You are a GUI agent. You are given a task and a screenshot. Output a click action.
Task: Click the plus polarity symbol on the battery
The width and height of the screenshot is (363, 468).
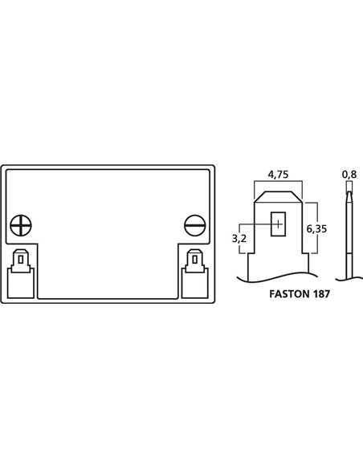click(21, 225)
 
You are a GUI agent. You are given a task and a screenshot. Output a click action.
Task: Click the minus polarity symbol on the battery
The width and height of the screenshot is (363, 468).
click(195, 225)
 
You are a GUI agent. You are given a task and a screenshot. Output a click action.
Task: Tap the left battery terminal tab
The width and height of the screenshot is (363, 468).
click(21, 261)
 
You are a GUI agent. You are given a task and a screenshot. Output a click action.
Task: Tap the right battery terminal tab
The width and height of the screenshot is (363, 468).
click(195, 261)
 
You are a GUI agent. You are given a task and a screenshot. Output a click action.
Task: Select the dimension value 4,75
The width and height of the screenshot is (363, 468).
click(278, 175)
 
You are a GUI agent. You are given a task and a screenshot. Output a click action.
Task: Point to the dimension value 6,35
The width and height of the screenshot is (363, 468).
click(316, 229)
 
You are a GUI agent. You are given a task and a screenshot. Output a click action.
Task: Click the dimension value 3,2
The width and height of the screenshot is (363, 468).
click(239, 239)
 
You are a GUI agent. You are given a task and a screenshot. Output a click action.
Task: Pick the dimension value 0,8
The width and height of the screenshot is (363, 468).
click(349, 175)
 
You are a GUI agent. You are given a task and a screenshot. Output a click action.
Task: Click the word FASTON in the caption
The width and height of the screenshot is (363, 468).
click(289, 294)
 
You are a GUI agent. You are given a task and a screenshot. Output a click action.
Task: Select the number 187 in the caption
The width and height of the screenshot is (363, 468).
click(321, 294)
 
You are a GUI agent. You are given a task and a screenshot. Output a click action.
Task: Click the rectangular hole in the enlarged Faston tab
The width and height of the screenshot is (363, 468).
click(278, 224)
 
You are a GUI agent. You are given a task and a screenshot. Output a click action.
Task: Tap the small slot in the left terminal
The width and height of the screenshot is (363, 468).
click(21, 260)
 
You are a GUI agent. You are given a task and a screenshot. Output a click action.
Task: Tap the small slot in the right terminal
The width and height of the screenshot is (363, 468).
click(195, 260)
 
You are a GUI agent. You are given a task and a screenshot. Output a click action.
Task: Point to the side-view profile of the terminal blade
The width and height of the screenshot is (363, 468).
click(349, 234)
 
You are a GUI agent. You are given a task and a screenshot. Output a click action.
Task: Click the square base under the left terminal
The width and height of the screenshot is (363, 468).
click(21, 283)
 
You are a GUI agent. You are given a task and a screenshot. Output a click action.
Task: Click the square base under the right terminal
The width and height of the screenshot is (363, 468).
click(195, 283)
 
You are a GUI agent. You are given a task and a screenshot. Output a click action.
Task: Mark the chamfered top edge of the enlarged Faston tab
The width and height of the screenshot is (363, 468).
click(278, 192)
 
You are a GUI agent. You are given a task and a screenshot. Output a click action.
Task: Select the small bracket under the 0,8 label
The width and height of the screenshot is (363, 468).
click(349, 186)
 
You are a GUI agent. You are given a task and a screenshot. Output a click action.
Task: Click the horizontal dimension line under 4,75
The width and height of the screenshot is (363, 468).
click(278, 181)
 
